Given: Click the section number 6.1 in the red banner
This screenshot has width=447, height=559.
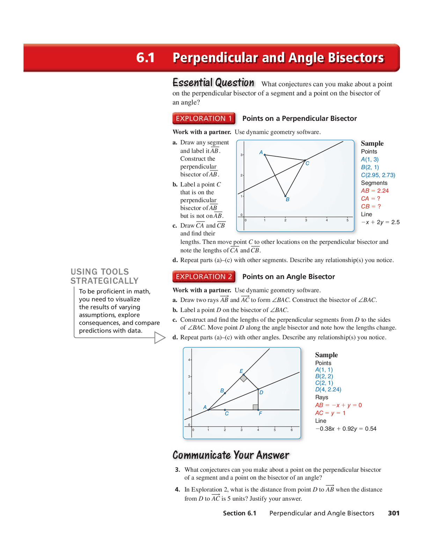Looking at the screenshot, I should click(145, 58).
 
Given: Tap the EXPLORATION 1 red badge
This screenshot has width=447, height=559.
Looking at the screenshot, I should click(204, 118).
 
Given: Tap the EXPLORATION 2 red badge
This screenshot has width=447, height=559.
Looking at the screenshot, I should click(204, 277).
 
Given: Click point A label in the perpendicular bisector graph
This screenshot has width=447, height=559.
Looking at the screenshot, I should click(261, 152).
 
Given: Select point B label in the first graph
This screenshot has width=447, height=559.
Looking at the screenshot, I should click(287, 199).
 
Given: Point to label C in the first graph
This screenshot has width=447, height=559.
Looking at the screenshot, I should click(307, 163).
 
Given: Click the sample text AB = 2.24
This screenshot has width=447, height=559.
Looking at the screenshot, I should click(375, 191).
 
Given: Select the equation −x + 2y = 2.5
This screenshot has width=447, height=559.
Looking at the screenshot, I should click(380, 222).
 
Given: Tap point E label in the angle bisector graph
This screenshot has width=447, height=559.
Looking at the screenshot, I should click(241, 371).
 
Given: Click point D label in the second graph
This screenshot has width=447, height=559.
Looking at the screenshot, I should click(261, 392).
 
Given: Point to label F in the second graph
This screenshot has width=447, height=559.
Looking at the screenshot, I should click(260, 414).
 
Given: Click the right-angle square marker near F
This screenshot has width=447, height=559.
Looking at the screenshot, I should click(255, 407).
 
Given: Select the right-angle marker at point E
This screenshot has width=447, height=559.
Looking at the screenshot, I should click(243, 378).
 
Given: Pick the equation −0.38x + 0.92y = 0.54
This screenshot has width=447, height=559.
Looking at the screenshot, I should click(346, 429).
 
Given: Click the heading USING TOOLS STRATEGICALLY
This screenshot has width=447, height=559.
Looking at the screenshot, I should click(104, 276).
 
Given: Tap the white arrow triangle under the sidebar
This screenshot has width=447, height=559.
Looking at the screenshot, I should click(159, 337).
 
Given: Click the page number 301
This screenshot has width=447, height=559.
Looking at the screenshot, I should click(394, 513).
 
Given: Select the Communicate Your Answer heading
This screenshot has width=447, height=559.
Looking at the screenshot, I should click(231, 455).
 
